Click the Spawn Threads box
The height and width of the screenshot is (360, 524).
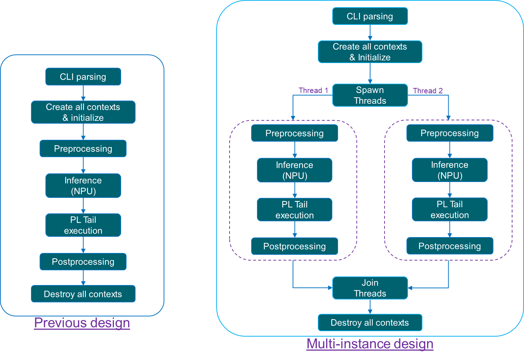370,95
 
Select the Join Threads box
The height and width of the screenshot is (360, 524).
370,288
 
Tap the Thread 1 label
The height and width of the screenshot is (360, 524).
313,90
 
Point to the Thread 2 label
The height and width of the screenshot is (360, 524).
428,91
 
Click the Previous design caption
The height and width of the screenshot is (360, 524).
82,323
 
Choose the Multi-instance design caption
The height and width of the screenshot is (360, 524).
370,344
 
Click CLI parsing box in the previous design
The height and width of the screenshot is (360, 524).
83,77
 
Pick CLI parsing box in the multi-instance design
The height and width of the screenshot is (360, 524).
370,16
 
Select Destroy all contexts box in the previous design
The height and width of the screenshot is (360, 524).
83,294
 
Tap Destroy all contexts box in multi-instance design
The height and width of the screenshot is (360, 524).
370,323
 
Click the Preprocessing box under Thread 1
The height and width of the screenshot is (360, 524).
294,133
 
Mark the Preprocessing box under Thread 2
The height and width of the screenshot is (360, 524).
449,133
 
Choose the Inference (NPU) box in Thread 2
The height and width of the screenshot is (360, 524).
449,170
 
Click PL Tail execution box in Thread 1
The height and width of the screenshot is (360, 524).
294,210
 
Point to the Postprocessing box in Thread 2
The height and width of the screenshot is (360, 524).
449,246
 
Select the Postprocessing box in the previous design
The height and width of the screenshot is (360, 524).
83,262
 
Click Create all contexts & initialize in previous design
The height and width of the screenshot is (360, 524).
83,112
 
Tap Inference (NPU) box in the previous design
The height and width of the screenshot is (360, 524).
83,186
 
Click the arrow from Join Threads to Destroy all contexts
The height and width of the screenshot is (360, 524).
370,307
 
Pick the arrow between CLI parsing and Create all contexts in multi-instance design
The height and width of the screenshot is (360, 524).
370,33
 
